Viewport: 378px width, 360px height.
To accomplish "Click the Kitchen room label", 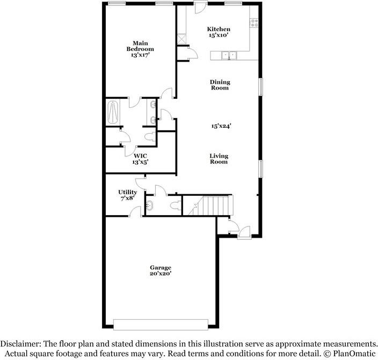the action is (219, 29).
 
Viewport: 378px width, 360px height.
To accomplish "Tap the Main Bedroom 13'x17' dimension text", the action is (140, 55).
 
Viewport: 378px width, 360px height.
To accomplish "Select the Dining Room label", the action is (220, 85).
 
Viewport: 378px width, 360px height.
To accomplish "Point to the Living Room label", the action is (219, 159).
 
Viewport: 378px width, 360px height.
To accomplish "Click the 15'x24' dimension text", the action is (221, 126).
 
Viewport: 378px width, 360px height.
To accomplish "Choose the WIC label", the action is (140, 156).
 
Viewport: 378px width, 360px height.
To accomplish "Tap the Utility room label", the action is (128, 192).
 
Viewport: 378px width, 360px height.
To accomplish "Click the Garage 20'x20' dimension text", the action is (161, 274).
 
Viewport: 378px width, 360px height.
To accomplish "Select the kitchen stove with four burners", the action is (254, 23).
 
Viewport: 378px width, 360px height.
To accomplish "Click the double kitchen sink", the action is (229, 55).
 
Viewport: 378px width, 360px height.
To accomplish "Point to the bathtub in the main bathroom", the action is (113, 113).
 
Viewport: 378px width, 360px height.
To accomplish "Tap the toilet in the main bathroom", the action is (150, 137).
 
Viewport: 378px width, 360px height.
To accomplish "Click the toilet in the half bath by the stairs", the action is (176, 205).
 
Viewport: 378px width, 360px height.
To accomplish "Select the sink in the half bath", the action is (150, 205).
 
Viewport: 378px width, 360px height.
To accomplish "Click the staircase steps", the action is (211, 205).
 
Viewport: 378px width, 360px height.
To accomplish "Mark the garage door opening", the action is (161, 325).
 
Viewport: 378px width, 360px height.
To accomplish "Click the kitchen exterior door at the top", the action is (201, 7).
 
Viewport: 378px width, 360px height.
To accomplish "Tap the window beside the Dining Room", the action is (261, 87).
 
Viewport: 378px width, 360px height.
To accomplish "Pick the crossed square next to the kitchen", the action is (181, 39).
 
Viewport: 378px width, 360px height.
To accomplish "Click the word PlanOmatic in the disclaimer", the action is (354, 354).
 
